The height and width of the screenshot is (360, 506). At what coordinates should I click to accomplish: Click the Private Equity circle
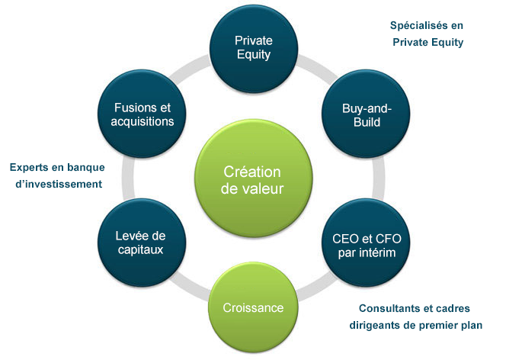point(253,48)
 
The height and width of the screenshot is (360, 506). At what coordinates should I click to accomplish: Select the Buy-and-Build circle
point(366,114)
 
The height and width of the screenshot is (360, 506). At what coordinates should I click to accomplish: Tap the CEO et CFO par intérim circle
point(366,243)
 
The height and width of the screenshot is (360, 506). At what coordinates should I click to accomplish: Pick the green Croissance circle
point(253,307)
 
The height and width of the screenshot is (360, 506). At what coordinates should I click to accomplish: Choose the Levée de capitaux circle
point(142,243)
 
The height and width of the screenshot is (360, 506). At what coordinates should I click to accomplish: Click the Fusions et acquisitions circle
point(142,114)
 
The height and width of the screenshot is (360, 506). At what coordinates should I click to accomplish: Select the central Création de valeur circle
point(253,178)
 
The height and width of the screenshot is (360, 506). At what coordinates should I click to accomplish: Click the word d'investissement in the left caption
point(59,184)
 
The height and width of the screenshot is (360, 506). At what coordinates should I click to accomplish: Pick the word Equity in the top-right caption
point(447,42)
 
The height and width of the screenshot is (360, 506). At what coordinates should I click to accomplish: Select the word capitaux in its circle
point(141,249)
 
